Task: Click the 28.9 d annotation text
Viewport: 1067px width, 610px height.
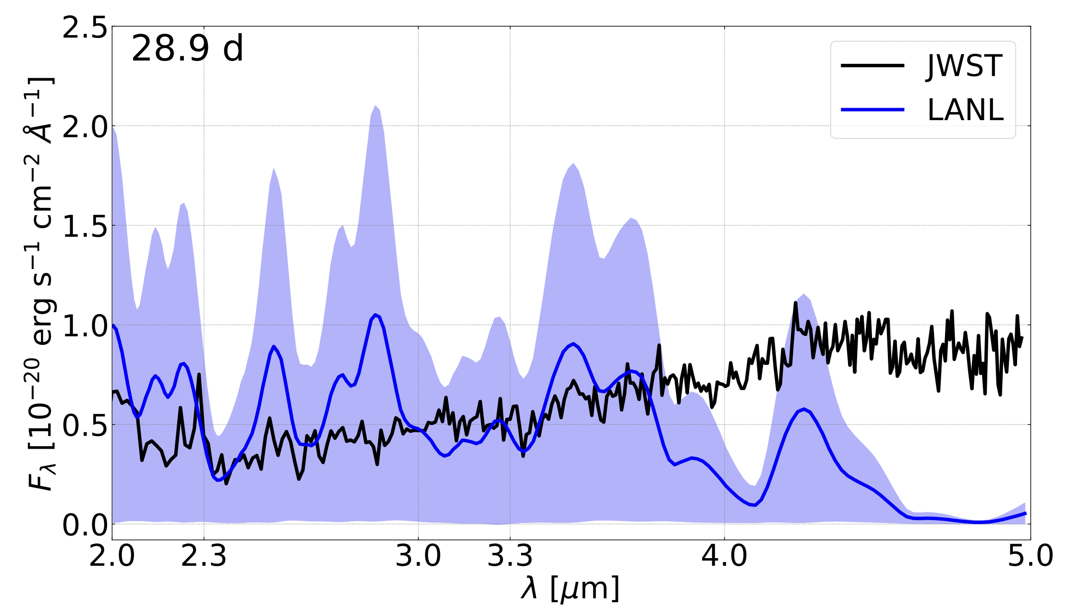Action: tap(187, 49)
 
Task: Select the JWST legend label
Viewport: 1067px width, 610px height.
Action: tap(965, 66)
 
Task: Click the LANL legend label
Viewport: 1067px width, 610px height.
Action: tap(966, 110)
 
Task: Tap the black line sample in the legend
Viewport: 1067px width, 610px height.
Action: tap(873, 66)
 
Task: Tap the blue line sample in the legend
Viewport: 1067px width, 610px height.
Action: tap(873, 110)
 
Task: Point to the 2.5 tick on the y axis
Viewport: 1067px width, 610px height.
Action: tap(85, 28)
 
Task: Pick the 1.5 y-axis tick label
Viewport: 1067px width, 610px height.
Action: tap(85, 227)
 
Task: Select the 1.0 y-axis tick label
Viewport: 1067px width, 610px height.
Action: tap(85, 326)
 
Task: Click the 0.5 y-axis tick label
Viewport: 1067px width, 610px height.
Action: tap(85, 426)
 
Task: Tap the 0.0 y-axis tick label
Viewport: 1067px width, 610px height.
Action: tap(85, 525)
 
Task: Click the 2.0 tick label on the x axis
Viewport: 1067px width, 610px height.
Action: tap(112, 556)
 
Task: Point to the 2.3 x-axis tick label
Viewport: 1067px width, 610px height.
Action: tap(204, 556)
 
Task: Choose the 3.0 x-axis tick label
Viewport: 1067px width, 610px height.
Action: tap(418, 556)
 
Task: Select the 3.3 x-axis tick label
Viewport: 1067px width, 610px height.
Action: tap(510, 556)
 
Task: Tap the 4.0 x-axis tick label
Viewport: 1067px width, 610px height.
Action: tap(724, 556)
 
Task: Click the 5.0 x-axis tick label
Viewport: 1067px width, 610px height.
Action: tap(1030, 556)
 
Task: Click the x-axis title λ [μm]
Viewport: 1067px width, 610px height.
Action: tap(570, 588)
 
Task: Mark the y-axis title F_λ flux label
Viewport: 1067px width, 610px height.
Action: tap(41, 283)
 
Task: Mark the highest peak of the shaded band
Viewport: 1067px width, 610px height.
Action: tap(376, 106)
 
